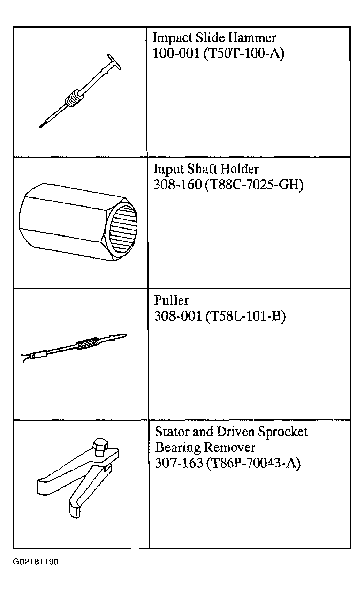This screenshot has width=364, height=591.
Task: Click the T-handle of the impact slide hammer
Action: pyautogui.click(x=114, y=62)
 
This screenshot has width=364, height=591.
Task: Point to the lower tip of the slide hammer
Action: pyautogui.click(x=41, y=126)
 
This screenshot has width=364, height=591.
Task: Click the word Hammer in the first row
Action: pyautogui.click(x=252, y=38)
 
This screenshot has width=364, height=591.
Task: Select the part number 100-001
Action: pyautogui.click(x=176, y=53)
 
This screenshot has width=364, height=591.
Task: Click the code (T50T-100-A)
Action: pyautogui.click(x=244, y=54)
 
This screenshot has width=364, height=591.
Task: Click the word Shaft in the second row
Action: pyautogui.click(x=202, y=169)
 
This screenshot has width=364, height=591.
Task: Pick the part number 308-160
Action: pyautogui.click(x=177, y=185)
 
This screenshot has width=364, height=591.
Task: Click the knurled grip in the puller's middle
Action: pyautogui.click(x=87, y=343)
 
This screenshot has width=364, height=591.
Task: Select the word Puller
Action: pyautogui.click(x=172, y=300)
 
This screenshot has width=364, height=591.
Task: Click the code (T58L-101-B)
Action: pyautogui.click(x=245, y=316)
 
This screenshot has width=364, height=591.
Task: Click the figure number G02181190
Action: pyautogui.click(x=36, y=562)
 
